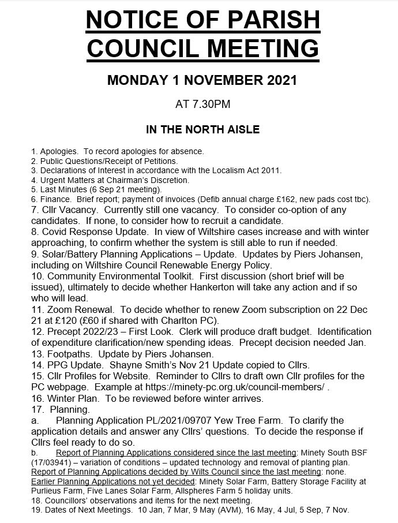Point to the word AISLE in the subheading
239,130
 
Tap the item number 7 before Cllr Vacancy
34,210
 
